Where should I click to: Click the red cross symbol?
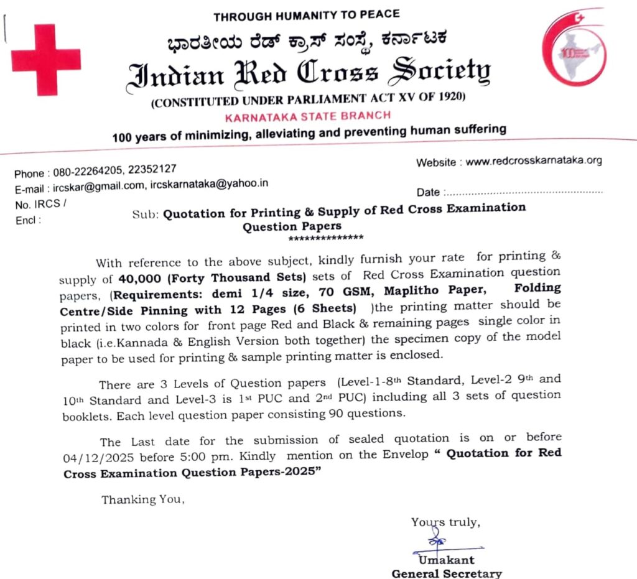coord(46,60)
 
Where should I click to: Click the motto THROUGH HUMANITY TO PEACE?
coord(306,14)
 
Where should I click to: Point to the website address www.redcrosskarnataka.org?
coord(534,161)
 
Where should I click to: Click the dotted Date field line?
coord(524,193)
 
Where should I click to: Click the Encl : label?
coord(28,220)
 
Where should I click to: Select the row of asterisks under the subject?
coord(326,238)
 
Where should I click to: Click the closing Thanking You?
coord(142,499)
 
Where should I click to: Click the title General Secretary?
coord(446,573)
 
